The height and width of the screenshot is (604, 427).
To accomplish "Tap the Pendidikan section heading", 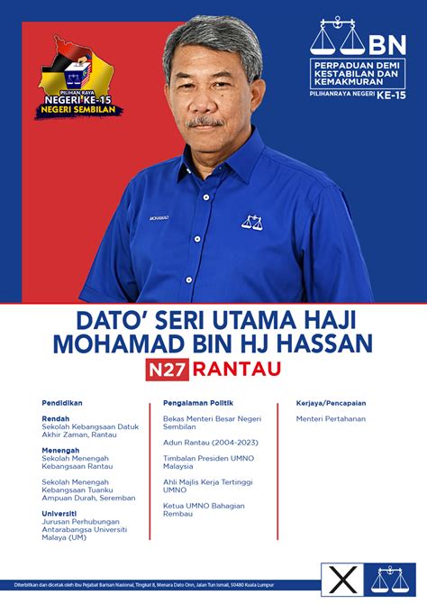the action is (61, 403).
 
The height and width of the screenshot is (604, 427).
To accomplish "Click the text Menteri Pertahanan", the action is (331, 419).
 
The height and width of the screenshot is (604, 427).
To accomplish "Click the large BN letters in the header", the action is (388, 38).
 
